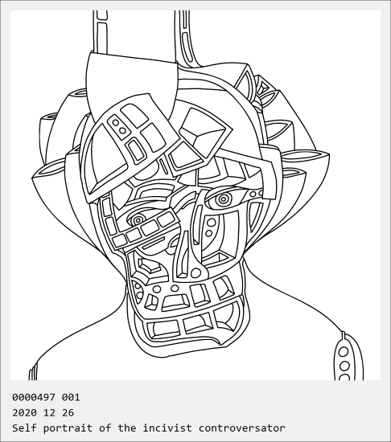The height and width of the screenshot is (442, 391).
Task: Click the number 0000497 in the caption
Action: click(x=34, y=397)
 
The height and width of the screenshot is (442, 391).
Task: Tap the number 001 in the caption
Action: click(x=71, y=397)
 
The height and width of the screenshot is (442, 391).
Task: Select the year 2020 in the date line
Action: click(x=24, y=413)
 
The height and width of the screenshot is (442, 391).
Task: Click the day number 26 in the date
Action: click(x=68, y=413)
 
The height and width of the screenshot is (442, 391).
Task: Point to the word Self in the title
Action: click(x=24, y=428)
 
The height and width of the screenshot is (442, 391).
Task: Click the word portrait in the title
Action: click(x=68, y=428)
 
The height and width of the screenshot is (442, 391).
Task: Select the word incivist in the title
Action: click(x=167, y=428)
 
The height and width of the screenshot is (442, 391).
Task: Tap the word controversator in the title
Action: click(x=241, y=428)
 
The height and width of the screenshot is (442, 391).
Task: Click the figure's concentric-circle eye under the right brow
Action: click(x=223, y=199)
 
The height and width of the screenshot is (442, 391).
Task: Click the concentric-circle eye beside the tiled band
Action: click(x=138, y=220)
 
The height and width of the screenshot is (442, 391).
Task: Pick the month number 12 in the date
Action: click(x=49, y=413)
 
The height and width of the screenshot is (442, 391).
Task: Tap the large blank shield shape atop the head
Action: click(x=131, y=82)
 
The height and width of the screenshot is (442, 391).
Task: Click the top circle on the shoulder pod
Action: click(x=344, y=352)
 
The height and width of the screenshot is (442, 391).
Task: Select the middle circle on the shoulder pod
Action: click(x=344, y=366)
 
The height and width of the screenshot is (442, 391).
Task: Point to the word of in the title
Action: click(x=105, y=428)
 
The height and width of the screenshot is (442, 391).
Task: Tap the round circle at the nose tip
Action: click(x=195, y=273)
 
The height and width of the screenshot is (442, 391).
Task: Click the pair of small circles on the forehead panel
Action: click(x=119, y=127)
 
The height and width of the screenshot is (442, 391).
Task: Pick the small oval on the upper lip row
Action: click(x=175, y=288)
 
